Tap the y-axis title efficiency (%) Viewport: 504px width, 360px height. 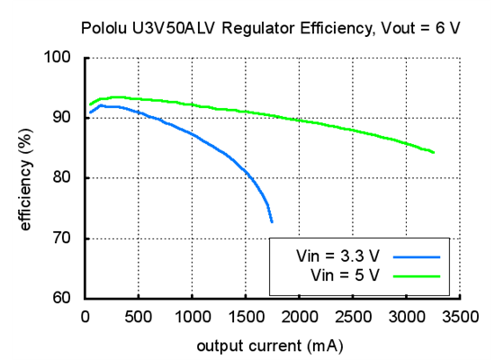coord(25,178)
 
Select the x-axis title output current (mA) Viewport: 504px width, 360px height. coord(271,345)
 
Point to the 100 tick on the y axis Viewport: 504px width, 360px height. coord(61,58)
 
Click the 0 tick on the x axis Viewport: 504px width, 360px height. coord(85,315)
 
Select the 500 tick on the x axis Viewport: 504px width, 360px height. coord(139,315)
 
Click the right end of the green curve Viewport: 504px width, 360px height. coord(434,152)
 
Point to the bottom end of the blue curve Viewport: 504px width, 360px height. coord(271,221)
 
